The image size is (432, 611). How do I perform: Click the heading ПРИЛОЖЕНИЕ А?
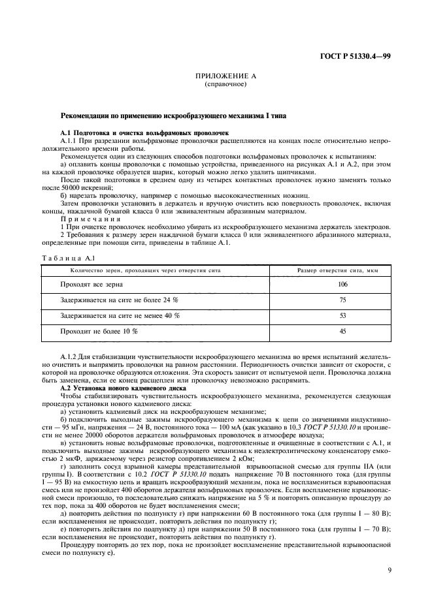click(216, 76)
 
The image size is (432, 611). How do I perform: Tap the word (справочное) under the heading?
click(216, 84)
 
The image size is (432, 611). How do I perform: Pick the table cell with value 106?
click(342, 285)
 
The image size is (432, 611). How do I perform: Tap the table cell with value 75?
click(342, 300)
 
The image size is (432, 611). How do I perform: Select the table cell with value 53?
click(342, 315)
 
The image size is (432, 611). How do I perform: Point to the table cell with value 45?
click(342, 331)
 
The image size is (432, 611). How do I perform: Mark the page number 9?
click(388, 570)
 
